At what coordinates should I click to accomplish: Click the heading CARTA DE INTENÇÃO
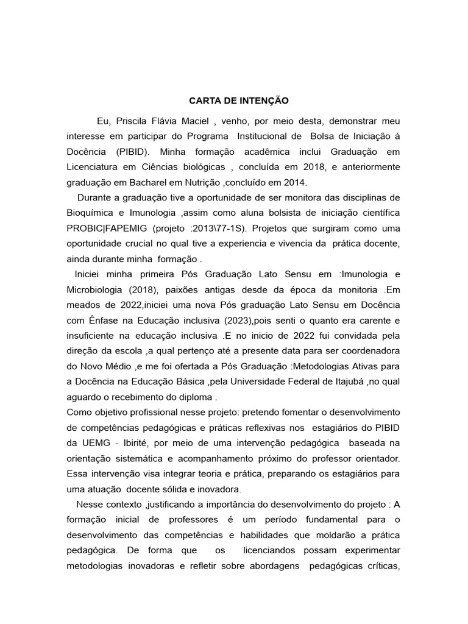click(x=238, y=99)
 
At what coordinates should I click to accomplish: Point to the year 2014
click(x=296, y=182)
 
